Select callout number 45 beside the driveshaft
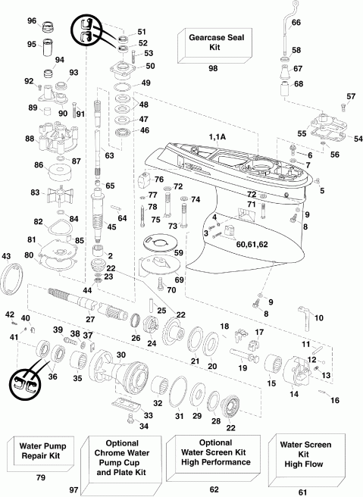tap(111, 227)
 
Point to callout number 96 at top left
tap(32, 20)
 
